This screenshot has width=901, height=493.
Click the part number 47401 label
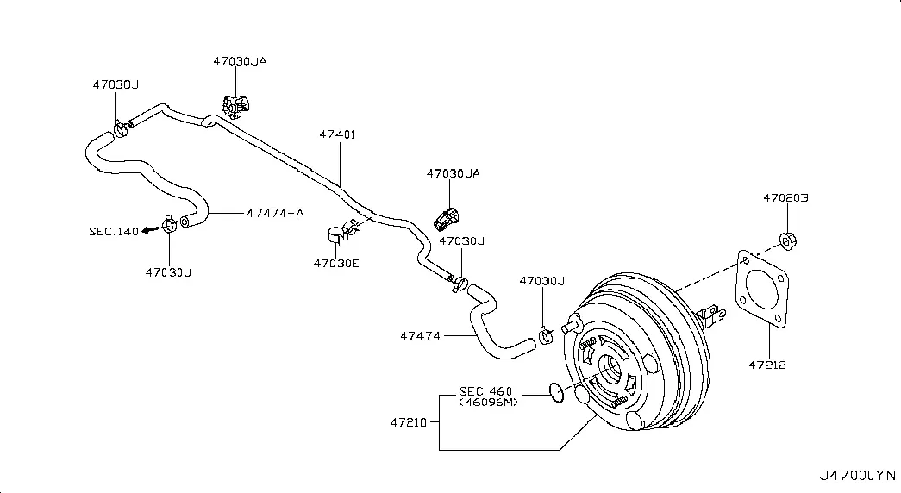(337, 134)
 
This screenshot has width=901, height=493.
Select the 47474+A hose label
(275, 213)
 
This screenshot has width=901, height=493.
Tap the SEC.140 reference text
(114, 232)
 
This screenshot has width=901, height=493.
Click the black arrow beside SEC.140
(151, 230)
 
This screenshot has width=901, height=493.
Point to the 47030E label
(336, 264)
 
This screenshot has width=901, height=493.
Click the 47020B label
(785, 197)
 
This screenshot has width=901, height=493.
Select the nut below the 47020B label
(787, 240)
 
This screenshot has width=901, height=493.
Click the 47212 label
(767, 365)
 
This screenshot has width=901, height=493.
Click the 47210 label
(409, 423)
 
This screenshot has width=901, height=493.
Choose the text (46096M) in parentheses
(488, 403)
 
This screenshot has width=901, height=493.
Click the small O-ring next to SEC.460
(556, 392)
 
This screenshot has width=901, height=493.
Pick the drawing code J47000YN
(857, 476)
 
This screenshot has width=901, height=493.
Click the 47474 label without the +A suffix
(420, 336)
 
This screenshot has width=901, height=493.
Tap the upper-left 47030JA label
(241, 61)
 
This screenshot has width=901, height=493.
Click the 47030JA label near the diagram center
(454, 173)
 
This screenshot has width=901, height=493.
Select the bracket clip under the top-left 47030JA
(236, 106)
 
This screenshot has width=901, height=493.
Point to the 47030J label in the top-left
(116, 84)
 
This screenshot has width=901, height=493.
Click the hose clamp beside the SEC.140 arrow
(169, 223)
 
